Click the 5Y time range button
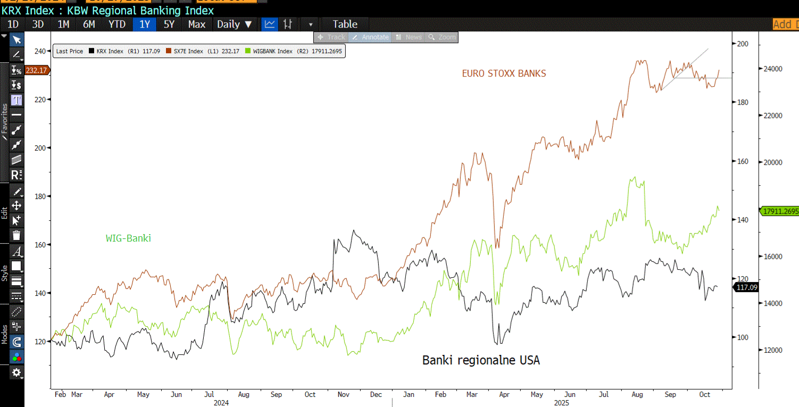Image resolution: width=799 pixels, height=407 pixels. pos(169,24)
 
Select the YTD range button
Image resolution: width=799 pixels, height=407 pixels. pos(117,24)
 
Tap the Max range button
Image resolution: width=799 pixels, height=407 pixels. pos(196,24)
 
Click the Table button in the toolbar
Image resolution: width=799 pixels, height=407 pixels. pos(345,24)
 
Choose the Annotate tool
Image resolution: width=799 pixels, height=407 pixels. pos(371,37)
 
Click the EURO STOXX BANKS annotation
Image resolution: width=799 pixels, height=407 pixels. pos(504,73)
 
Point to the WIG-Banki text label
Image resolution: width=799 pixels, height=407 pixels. pos(128,238)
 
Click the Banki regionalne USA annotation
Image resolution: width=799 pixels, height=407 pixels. pos(481,360)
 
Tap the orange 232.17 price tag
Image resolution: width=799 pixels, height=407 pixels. pos(37,70)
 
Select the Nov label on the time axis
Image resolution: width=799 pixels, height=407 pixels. pos(344,395)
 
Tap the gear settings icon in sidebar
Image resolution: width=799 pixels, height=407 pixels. pos(17,372)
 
